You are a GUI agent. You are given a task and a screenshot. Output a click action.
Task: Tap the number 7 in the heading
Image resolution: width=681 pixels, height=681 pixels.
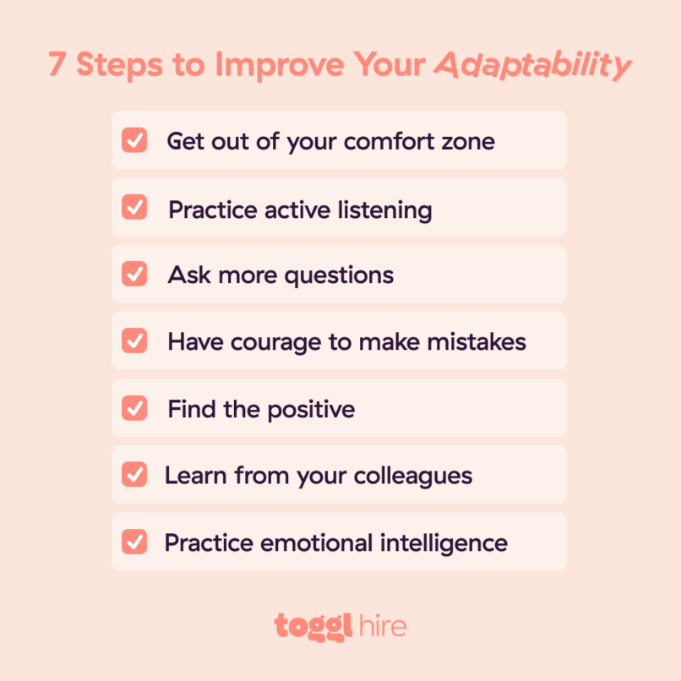(57, 65)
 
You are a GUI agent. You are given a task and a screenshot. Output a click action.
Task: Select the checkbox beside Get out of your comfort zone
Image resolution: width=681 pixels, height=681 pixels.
(134, 140)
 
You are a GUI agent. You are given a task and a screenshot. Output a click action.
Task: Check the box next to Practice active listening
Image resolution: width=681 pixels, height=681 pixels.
(134, 207)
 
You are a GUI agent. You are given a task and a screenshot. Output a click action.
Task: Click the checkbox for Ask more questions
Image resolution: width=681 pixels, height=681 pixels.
(134, 274)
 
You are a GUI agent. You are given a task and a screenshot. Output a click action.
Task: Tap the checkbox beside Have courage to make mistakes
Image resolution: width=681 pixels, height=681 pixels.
(134, 340)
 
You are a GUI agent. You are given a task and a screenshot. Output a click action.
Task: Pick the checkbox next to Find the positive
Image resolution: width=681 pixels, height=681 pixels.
(134, 407)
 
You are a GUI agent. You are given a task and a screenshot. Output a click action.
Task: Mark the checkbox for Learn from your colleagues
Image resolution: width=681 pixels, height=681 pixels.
(134, 474)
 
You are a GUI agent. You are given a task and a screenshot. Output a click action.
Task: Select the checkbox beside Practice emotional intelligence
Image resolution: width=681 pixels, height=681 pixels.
(134, 541)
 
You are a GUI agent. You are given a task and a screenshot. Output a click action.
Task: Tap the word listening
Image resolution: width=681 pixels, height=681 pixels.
(386, 209)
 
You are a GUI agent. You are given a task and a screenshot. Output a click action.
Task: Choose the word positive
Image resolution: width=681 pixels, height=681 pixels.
(310, 409)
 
